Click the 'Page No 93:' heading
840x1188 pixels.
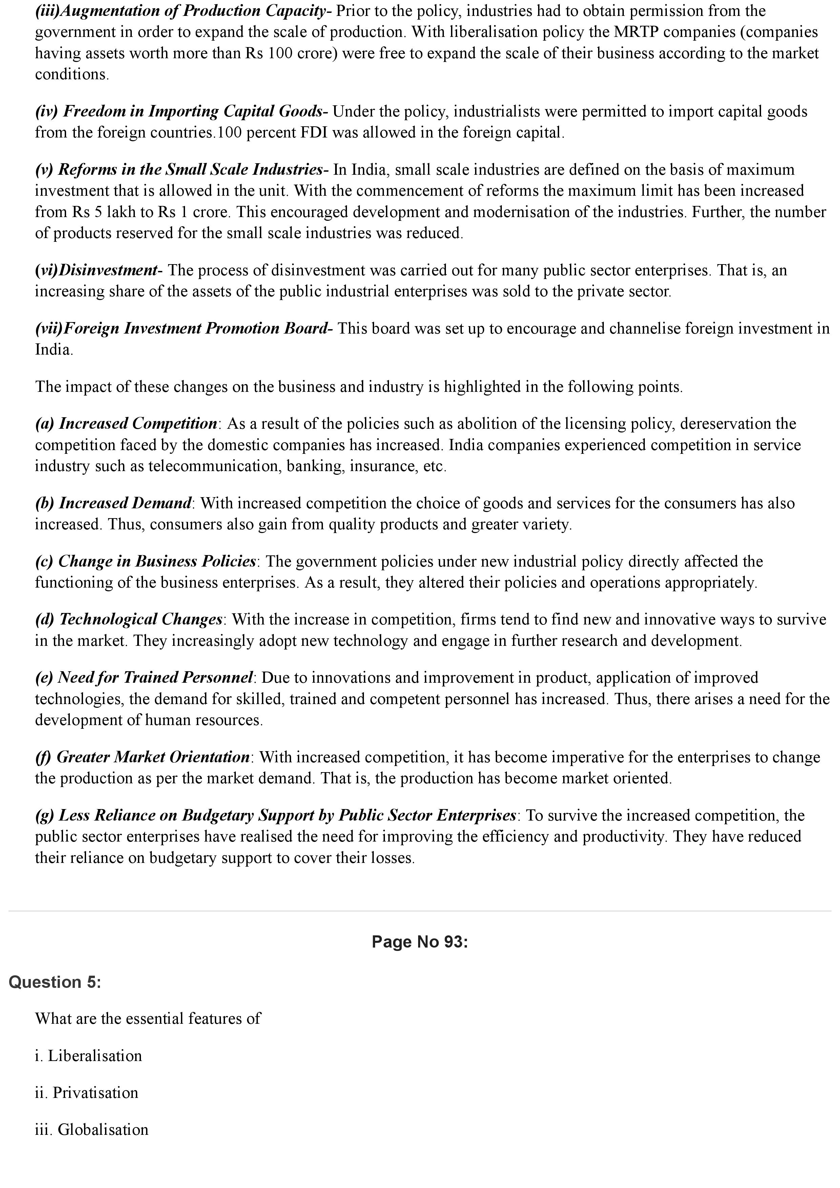pos(419,942)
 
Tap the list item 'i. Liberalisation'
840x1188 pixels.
pos(88,1056)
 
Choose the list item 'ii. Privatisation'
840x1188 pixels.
pos(86,1092)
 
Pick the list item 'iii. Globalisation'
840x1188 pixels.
pos(91,1129)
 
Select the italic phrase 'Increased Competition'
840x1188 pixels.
pos(138,423)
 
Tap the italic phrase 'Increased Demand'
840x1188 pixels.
pos(125,503)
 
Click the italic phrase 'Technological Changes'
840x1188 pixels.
pos(141,619)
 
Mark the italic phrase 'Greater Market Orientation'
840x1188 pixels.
pos(153,757)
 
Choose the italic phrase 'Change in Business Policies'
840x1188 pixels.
pos(157,561)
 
